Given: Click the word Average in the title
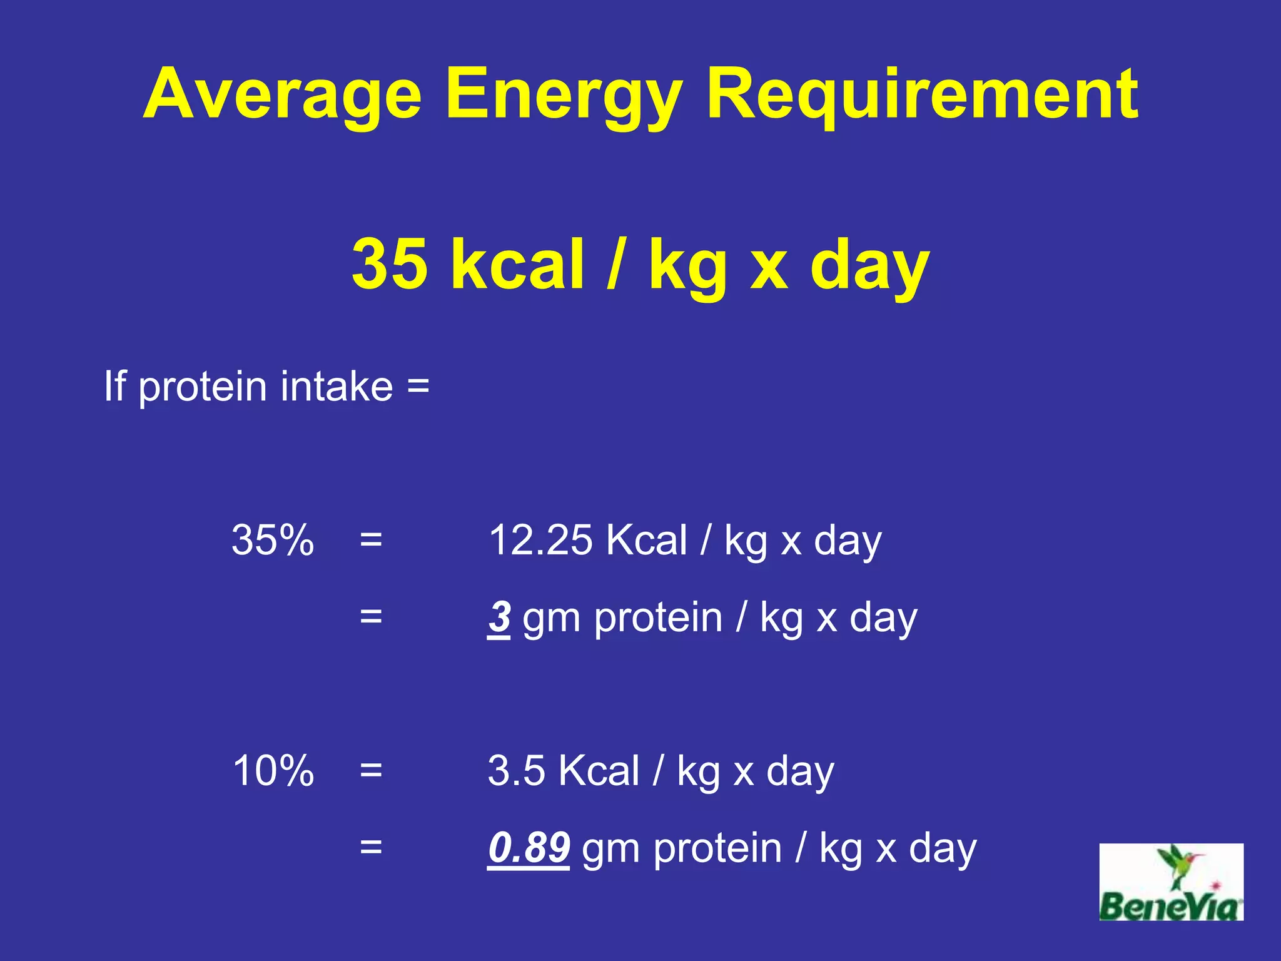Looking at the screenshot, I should coord(283,95).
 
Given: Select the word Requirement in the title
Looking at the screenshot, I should coord(923,95).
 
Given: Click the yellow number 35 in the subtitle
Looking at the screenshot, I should coord(389,264).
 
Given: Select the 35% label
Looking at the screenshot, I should coord(272,539).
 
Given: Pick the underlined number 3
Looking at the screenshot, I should coord(499,617).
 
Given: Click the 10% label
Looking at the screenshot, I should coord(272,770).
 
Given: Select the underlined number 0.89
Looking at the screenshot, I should coord(529,848).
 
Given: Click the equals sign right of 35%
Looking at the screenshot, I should coord(371,539).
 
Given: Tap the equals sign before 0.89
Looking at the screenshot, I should coord(371,848).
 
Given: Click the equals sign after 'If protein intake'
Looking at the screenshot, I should coord(418,387).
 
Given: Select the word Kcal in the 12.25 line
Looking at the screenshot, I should coord(646,539).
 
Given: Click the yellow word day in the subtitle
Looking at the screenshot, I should coord(869,264).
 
